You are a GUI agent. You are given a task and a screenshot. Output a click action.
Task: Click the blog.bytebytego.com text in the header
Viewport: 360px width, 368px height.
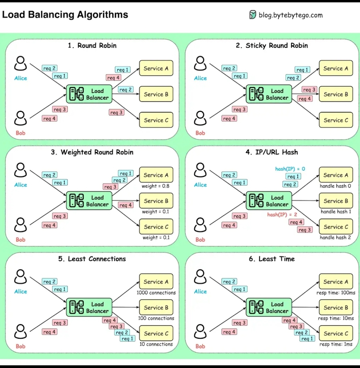tap(290, 15)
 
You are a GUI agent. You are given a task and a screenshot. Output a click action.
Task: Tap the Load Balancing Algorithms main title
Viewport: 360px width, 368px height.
tap(65, 15)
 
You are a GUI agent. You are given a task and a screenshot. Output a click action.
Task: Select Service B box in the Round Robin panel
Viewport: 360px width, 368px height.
tap(156, 94)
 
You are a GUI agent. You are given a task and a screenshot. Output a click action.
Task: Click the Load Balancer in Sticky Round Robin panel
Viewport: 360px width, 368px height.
tap(269, 94)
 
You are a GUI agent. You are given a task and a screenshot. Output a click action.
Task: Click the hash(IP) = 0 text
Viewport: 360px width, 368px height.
tap(290, 169)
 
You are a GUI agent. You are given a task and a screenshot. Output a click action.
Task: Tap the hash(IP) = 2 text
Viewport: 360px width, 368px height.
tap(282, 214)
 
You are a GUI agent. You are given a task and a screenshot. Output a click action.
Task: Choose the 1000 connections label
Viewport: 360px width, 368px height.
tap(156, 293)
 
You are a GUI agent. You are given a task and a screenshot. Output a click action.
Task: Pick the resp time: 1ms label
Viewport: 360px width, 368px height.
tap(336, 344)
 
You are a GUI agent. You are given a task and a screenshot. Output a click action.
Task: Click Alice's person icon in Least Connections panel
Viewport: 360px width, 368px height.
tap(21, 277)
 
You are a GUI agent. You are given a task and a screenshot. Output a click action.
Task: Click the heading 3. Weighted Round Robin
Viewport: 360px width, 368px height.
tap(92, 152)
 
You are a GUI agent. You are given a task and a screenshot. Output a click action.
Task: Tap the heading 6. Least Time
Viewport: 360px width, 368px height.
tap(272, 259)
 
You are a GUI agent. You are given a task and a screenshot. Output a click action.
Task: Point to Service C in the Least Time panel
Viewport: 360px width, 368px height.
tap(336, 334)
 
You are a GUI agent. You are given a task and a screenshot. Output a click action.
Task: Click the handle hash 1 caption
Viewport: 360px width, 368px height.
tap(336, 212)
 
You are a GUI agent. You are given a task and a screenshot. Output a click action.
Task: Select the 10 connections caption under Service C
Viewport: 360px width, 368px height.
tap(156, 344)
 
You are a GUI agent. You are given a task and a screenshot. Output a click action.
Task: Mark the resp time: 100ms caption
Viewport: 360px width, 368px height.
tap(336, 293)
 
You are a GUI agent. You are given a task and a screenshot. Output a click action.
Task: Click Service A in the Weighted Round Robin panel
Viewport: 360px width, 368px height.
tap(156, 175)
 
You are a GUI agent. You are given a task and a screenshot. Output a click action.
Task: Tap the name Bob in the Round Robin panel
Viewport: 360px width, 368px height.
tap(21, 133)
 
